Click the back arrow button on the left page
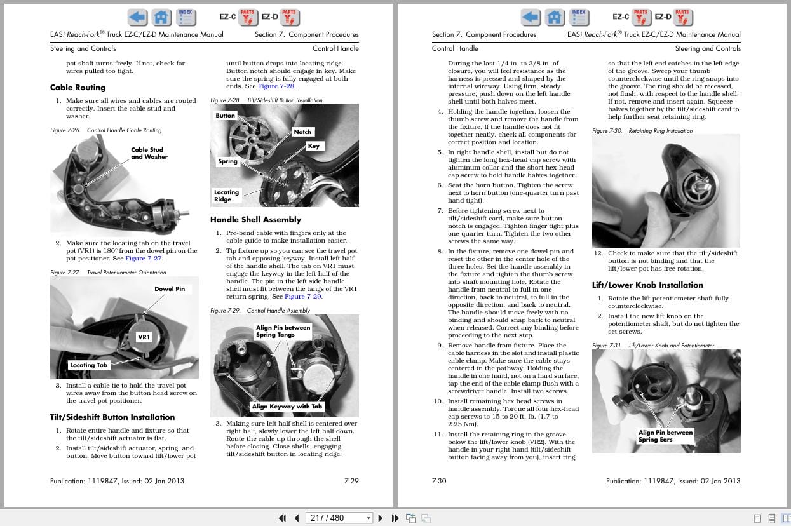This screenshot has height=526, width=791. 137,17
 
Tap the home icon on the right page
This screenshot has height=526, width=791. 555,17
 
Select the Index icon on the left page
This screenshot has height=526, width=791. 186,17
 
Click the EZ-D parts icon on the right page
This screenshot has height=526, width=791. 683,17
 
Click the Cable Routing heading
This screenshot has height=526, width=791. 78,88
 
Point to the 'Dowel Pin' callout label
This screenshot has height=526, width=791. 170,289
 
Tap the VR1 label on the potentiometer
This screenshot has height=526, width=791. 144,337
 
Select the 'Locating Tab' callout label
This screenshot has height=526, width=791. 89,365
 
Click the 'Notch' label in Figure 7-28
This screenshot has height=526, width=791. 302,132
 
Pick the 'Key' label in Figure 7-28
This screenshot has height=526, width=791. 314,146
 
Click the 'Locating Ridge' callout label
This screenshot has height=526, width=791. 226,196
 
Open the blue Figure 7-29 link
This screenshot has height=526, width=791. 303,297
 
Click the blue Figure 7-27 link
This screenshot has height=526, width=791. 144,259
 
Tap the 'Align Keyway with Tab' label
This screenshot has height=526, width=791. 287,407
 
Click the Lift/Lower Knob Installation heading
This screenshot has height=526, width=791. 647,285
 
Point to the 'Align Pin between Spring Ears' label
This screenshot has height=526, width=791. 665,436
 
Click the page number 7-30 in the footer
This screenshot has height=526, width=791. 439,481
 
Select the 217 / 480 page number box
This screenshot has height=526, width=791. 338,518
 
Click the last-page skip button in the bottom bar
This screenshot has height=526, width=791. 395,518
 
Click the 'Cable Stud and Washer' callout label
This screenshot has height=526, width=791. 149,153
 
